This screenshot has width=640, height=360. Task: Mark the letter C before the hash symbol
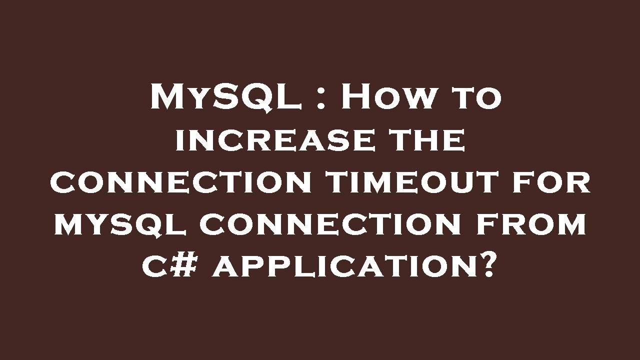click(156, 268)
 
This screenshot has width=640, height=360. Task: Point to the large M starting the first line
click(168, 96)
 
